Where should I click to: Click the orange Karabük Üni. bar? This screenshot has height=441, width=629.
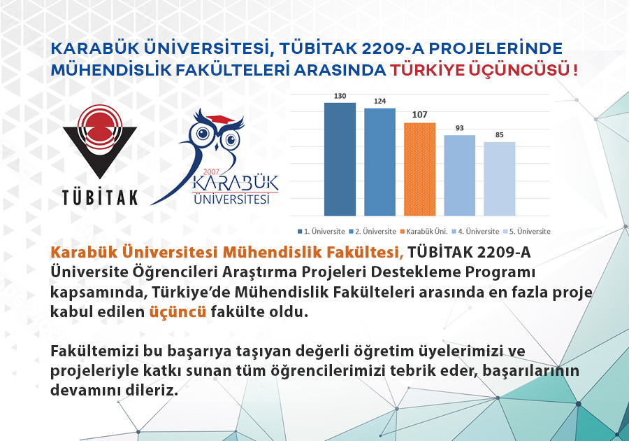pos(419,169)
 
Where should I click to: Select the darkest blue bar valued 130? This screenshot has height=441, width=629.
pos(340,160)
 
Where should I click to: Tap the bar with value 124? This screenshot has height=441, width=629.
pos(379,162)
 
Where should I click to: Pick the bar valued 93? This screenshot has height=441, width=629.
pos(459,176)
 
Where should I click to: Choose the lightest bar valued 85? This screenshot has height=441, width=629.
pos(500,178)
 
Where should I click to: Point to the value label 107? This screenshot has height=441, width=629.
pos(419,115)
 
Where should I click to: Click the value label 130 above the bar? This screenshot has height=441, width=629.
pos(340,96)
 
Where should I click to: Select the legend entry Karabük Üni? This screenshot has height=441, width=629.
pos(424,231)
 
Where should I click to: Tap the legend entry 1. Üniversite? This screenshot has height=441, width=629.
pos(321,231)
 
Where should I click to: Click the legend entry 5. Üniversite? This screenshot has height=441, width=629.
pos(527,231)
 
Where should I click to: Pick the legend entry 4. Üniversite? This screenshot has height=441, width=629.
pos(476,231)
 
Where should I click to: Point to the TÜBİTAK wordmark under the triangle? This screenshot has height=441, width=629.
pos(100,197)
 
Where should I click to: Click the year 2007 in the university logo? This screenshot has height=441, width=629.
pos(211,172)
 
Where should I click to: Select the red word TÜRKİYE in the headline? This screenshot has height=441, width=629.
pos(427,70)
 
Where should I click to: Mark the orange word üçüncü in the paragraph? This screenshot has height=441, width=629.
pos(178,312)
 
